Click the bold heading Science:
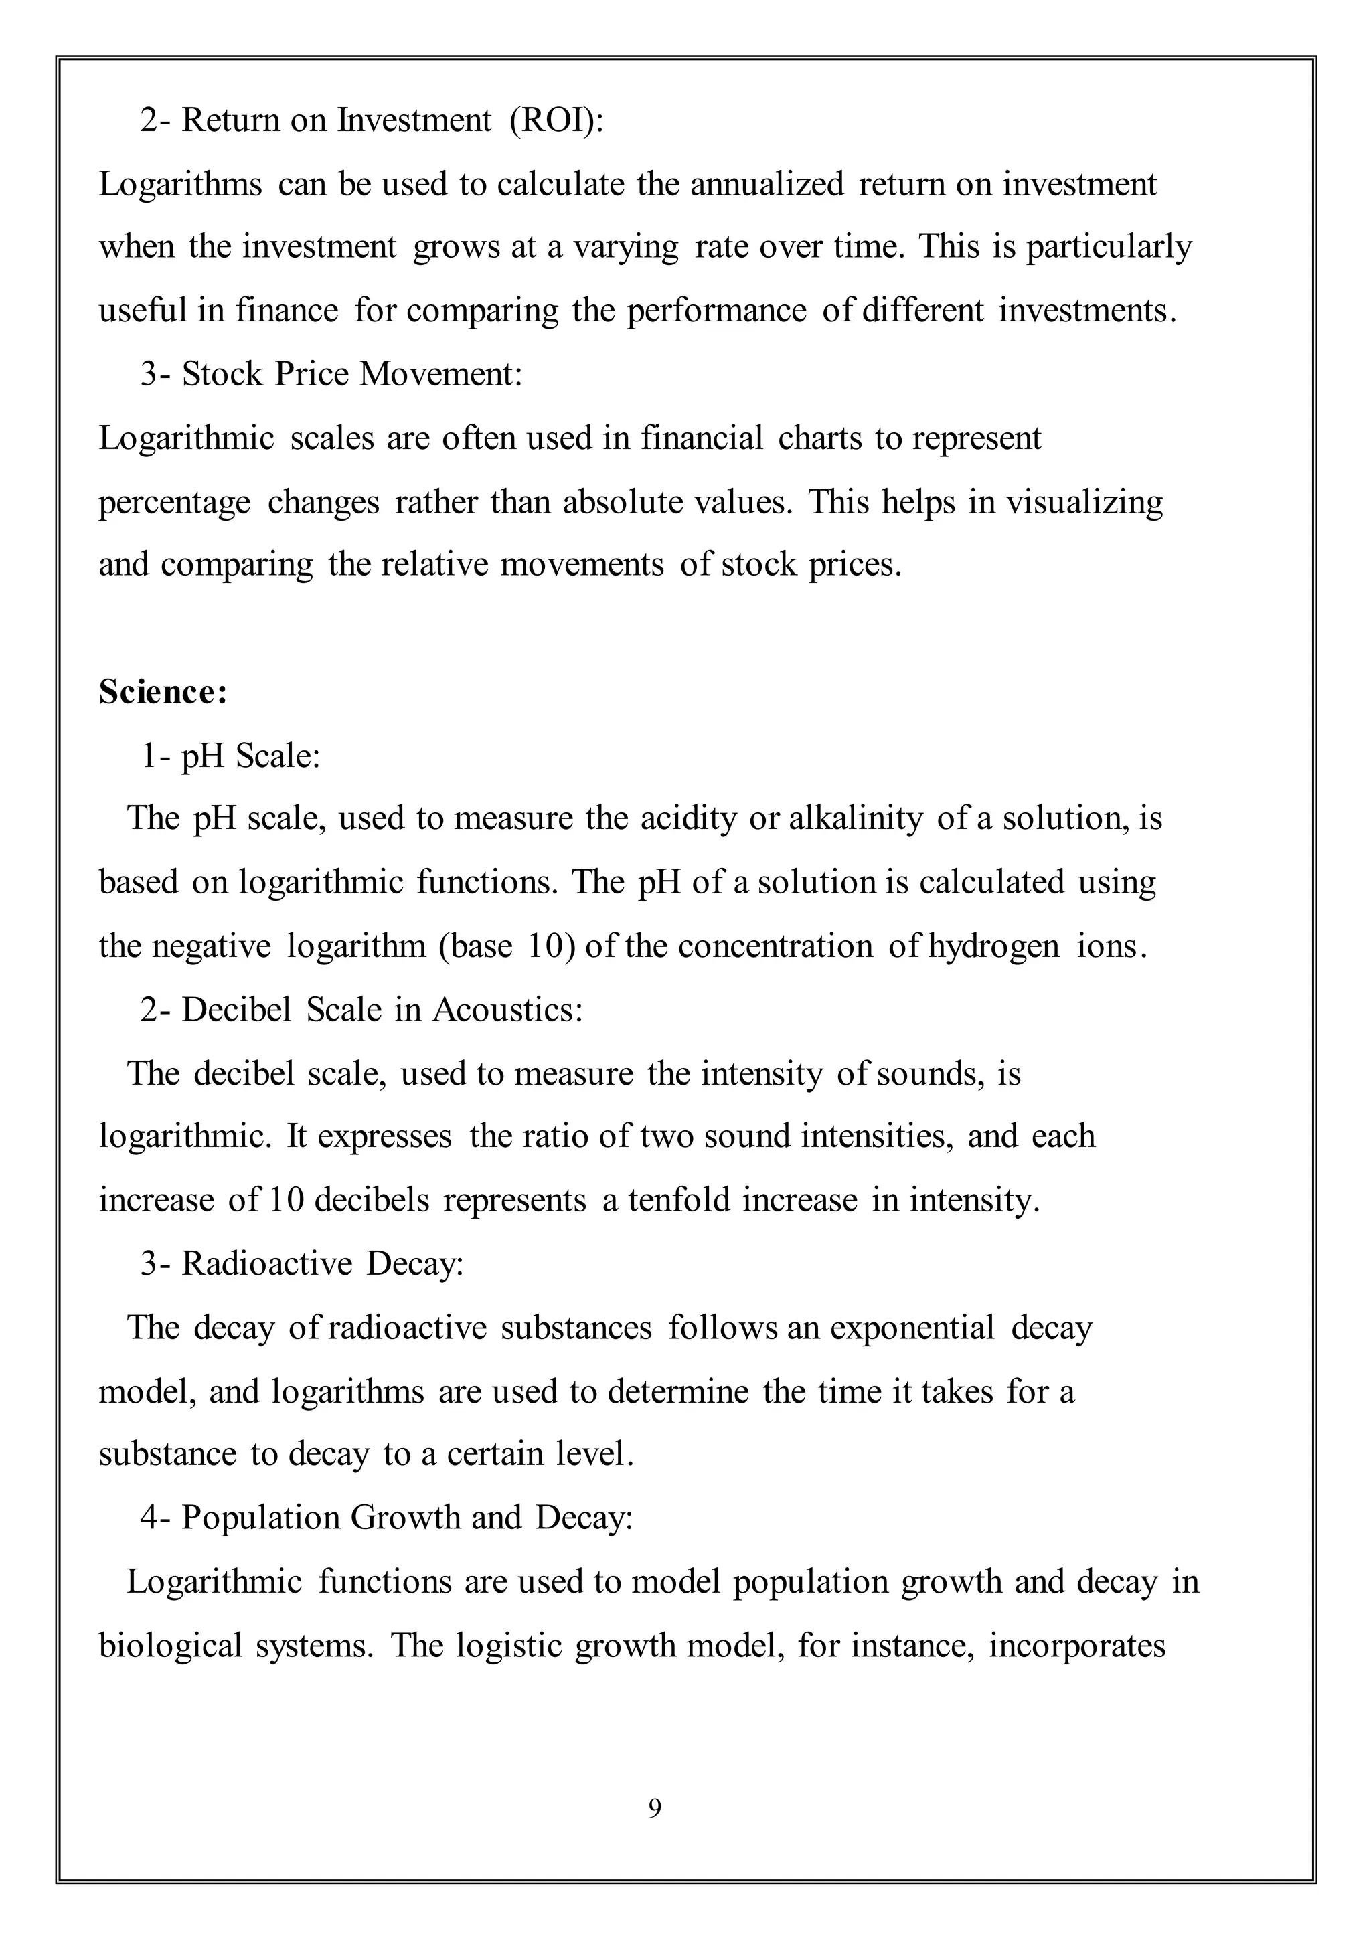[x=163, y=692]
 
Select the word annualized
[x=767, y=185]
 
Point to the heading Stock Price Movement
[x=352, y=375]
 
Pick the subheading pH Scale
[x=251, y=756]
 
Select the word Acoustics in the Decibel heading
[x=507, y=1010]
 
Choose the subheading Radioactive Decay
[x=323, y=1263]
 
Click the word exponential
[x=912, y=1328]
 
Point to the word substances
[x=576, y=1328]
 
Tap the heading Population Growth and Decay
[x=407, y=1518]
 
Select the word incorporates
[x=1076, y=1646]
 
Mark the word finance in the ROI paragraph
[x=287, y=311]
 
